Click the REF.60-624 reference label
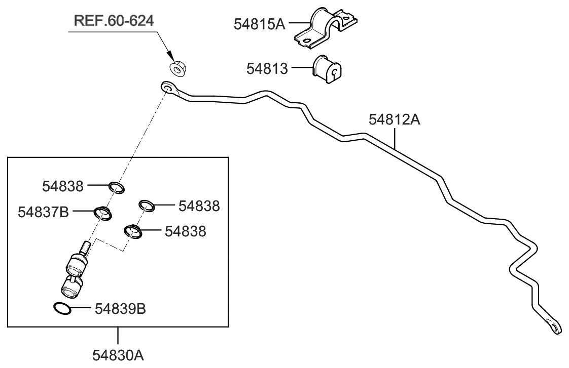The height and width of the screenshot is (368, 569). click(x=114, y=21)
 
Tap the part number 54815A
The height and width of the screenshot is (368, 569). click(x=259, y=24)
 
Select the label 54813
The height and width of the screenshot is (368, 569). click(x=267, y=68)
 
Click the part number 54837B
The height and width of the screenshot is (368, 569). click(x=43, y=212)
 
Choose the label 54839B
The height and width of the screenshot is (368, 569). click(x=120, y=308)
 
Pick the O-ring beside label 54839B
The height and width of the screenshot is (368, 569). click(x=62, y=308)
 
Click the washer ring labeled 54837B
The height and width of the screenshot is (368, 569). click(x=102, y=213)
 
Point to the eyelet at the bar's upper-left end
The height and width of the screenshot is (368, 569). click(x=168, y=88)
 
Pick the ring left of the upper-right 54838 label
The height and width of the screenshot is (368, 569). click(x=147, y=205)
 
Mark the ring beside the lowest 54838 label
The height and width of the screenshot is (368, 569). click(x=133, y=231)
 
